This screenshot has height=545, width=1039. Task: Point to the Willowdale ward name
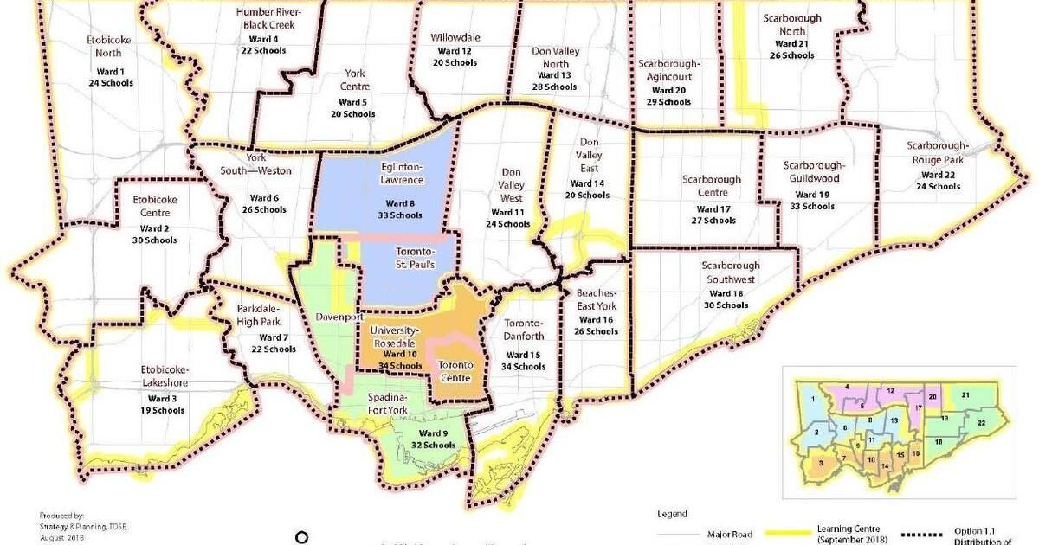pyautogui.click(x=455, y=37)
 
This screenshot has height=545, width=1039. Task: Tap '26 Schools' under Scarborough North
pyautogui.click(x=791, y=55)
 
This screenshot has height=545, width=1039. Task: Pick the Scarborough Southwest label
pyautogui.click(x=730, y=272)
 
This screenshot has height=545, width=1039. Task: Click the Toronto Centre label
pyautogui.click(x=455, y=372)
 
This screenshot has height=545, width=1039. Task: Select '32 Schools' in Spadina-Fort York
pyautogui.click(x=433, y=445)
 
